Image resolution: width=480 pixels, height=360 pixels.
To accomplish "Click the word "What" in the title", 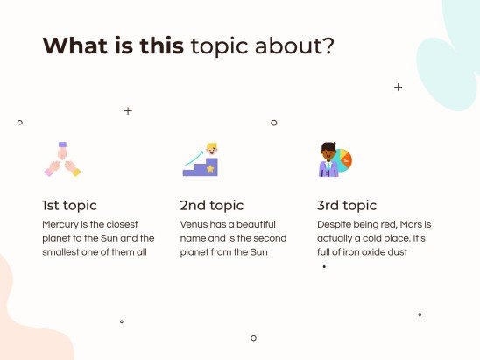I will point(74,46).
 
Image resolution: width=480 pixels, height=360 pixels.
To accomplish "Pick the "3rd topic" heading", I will point(347,206).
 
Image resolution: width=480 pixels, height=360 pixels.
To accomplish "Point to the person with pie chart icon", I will point(335,159).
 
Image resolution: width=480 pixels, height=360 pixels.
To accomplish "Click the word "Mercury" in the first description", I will point(61,225).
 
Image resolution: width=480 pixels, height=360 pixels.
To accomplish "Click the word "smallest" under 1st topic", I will point(63,253).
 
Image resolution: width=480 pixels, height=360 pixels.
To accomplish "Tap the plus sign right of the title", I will point(398,87).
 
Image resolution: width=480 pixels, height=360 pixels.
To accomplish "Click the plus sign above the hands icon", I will point(128,111).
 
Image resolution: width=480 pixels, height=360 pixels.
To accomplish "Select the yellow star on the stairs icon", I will point(210,168).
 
